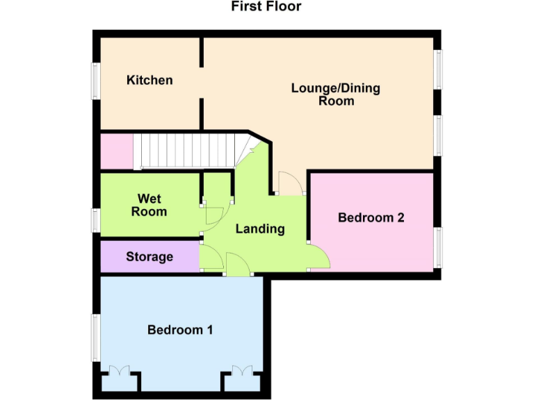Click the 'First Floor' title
[x=266, y=7]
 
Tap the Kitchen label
[x=149, y=81]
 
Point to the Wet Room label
[x=149, y=205]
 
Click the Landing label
[x=260, y=229]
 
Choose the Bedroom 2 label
[x=371, y=218]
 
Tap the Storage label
[x=149, y=257]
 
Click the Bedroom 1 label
[x=180, y=330]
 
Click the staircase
[x=188, y=151]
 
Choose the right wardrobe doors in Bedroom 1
[x=242, y=371]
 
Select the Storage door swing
[x=211, y=258]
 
